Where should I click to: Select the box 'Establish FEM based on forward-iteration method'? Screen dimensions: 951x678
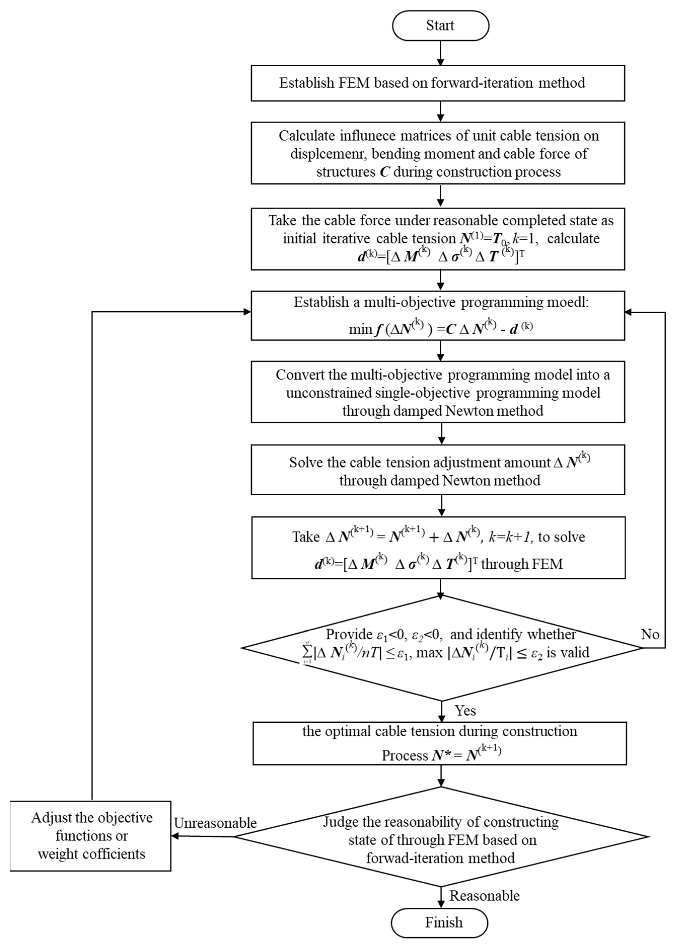click(437, 83)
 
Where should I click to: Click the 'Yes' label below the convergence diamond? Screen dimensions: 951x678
click(465, 710)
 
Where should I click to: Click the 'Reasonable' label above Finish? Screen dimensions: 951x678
click(484, 895)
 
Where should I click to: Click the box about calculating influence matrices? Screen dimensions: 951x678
click(437, 153)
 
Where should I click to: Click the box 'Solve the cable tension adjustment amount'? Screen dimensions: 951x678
click(437, 470)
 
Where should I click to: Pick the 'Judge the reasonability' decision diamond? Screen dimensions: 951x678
click(441, 837)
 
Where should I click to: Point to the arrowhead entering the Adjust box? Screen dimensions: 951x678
click(176, 836)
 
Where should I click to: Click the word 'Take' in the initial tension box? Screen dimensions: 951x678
click(282, 220)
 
